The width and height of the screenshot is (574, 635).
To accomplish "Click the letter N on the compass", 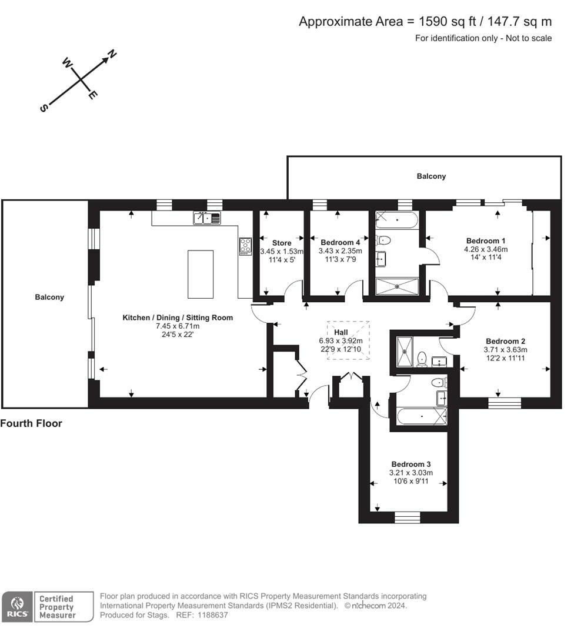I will coord(111,55).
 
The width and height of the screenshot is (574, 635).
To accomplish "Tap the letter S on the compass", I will coord(44,108).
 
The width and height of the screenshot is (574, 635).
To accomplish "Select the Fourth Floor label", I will coord(31,423).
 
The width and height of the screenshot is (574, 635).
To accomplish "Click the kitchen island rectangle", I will coord(201,274).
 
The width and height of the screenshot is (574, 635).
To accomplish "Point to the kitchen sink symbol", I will coord(206,218).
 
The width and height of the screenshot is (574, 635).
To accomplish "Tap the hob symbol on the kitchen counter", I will coord(245,246).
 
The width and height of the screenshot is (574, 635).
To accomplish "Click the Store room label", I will coord(282,243).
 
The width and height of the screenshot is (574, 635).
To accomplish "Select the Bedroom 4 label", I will coord(341,242).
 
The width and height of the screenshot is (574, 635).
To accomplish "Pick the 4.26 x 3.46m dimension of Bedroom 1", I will coord(485,249).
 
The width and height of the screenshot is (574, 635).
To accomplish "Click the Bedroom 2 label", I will coord(505,341).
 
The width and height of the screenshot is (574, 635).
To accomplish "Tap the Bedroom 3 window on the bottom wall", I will coord(407,517).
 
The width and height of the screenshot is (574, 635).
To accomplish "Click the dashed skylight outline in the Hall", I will coord(349,339).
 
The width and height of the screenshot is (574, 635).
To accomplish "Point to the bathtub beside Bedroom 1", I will coord(397,221).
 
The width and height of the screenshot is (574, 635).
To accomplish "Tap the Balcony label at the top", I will coord(431,176).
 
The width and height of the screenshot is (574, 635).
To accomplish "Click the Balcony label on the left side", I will coord(49,297).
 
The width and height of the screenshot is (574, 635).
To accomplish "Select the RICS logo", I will coord(16,606).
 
